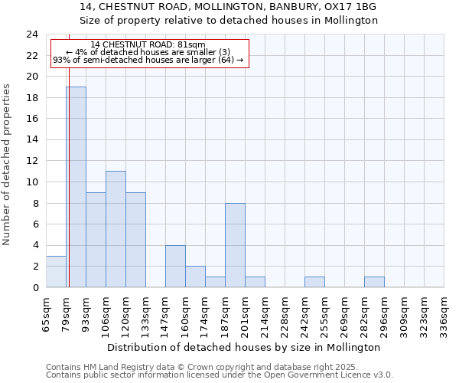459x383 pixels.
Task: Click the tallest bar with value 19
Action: pos(76,187)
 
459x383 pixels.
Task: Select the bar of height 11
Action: pos(116,229)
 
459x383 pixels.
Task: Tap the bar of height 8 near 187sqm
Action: pos(235,245)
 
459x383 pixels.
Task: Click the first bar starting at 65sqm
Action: pos(56,271)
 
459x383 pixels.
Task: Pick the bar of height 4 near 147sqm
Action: pos(175,266)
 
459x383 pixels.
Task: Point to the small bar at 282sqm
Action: pos(374,282)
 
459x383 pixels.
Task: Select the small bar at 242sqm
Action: pos(314,282)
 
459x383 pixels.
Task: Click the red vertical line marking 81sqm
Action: pos(69,153)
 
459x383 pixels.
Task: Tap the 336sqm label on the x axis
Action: pos(444,316)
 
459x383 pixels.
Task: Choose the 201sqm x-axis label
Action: pos(245,316)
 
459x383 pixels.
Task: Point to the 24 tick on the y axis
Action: pos(31,34)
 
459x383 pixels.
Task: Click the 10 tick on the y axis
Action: pos(31,182)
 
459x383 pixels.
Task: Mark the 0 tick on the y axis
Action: pos(34,287)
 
